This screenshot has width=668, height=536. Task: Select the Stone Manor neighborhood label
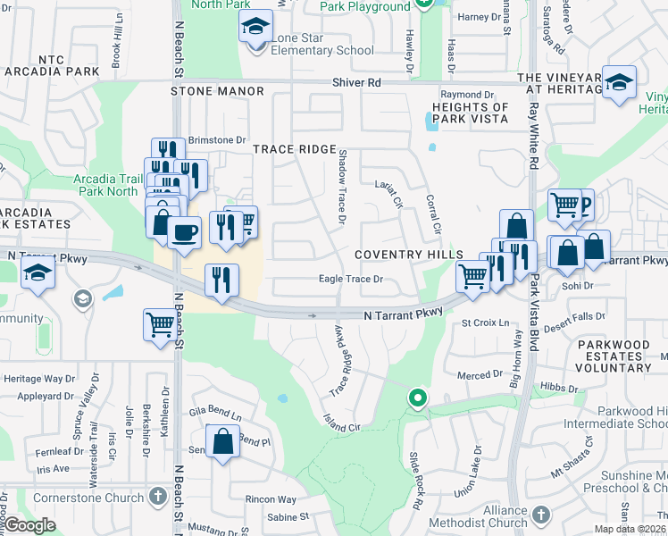pos(218,91)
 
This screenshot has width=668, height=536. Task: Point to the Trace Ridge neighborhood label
pos(295,149)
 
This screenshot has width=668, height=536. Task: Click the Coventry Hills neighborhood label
pos(399,255)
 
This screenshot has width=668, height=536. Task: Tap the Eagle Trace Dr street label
pos(351,279)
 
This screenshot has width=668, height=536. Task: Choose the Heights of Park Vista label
pos(470,113)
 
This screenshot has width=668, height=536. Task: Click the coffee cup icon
pos(184,233)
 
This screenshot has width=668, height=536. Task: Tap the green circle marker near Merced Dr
pos(416,398)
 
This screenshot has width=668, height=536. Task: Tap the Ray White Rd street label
pos(533,135)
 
